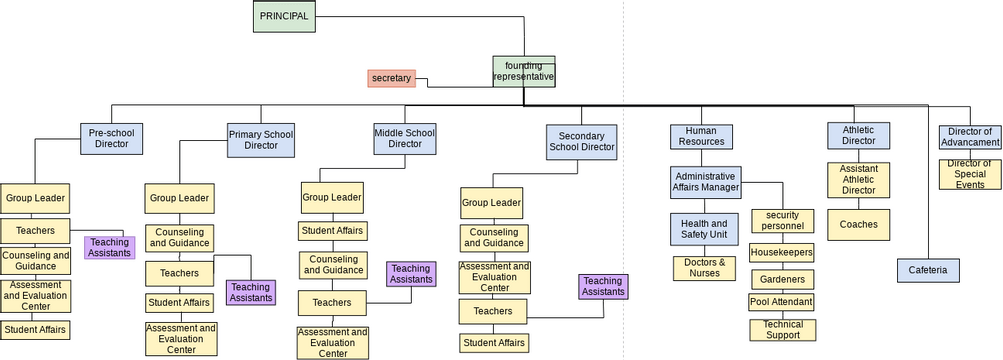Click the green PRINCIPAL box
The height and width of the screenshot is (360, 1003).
(284, 17)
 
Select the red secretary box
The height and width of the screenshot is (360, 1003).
(391, 78)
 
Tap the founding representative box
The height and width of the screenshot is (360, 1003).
(523, 71)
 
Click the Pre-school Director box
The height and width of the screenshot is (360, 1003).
(110, 138)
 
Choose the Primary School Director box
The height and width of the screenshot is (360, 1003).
(261, 140)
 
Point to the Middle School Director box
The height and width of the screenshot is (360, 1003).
(405, 138)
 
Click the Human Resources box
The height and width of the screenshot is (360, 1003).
(701, 136)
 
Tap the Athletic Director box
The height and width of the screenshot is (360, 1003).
(858, 135)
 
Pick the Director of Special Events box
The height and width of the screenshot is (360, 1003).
(969, 174)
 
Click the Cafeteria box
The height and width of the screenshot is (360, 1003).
(928, 270)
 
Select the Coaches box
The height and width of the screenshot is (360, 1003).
(858, 224)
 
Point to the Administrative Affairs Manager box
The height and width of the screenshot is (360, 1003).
(705, 181)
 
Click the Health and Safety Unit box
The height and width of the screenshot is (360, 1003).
(704, 229)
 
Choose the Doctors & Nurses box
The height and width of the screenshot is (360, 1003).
(704, 268)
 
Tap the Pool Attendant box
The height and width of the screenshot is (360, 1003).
(781, 302)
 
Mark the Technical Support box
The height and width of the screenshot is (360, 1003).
(782, 330)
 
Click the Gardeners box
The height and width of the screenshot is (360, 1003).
(782, 279)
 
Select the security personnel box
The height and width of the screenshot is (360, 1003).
(783, 220)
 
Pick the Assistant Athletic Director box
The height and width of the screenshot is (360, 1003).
(858, 180)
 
